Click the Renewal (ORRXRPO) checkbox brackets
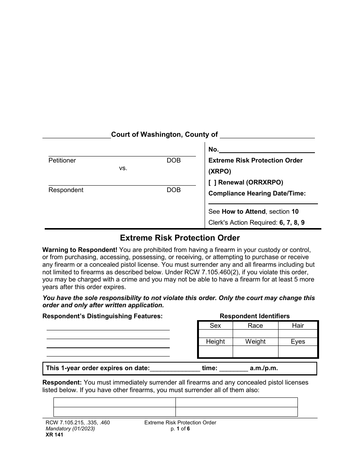(213, 182)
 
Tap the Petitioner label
(62, 161)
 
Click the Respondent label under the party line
(66, 190)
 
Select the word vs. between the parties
(123, 168)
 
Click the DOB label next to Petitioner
(174, 161)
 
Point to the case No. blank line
(267, 150)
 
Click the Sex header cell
(215, 325)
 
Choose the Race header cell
(255, 325)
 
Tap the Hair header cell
(298, 325)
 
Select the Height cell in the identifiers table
(215, 341)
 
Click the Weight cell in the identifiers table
(255, 341)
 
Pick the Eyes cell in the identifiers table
(298, 341)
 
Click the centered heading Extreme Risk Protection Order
(180, 238)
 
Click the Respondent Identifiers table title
(255, 316)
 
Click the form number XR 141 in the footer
(53, 435)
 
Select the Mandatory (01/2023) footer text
(69, 429)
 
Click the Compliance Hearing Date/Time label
(257, 194)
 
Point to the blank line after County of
(268, 135)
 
